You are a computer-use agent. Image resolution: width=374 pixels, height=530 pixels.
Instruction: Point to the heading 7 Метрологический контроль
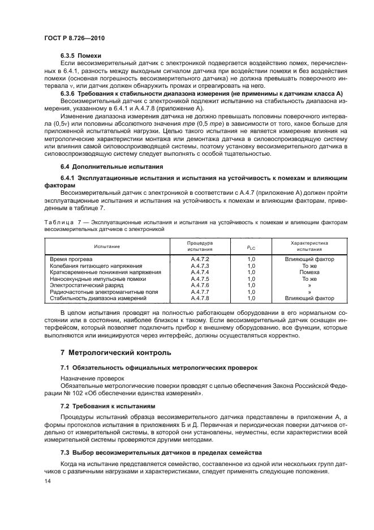115,352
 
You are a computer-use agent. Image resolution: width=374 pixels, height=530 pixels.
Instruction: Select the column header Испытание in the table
107,246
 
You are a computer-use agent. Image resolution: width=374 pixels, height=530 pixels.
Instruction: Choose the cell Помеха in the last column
309,272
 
